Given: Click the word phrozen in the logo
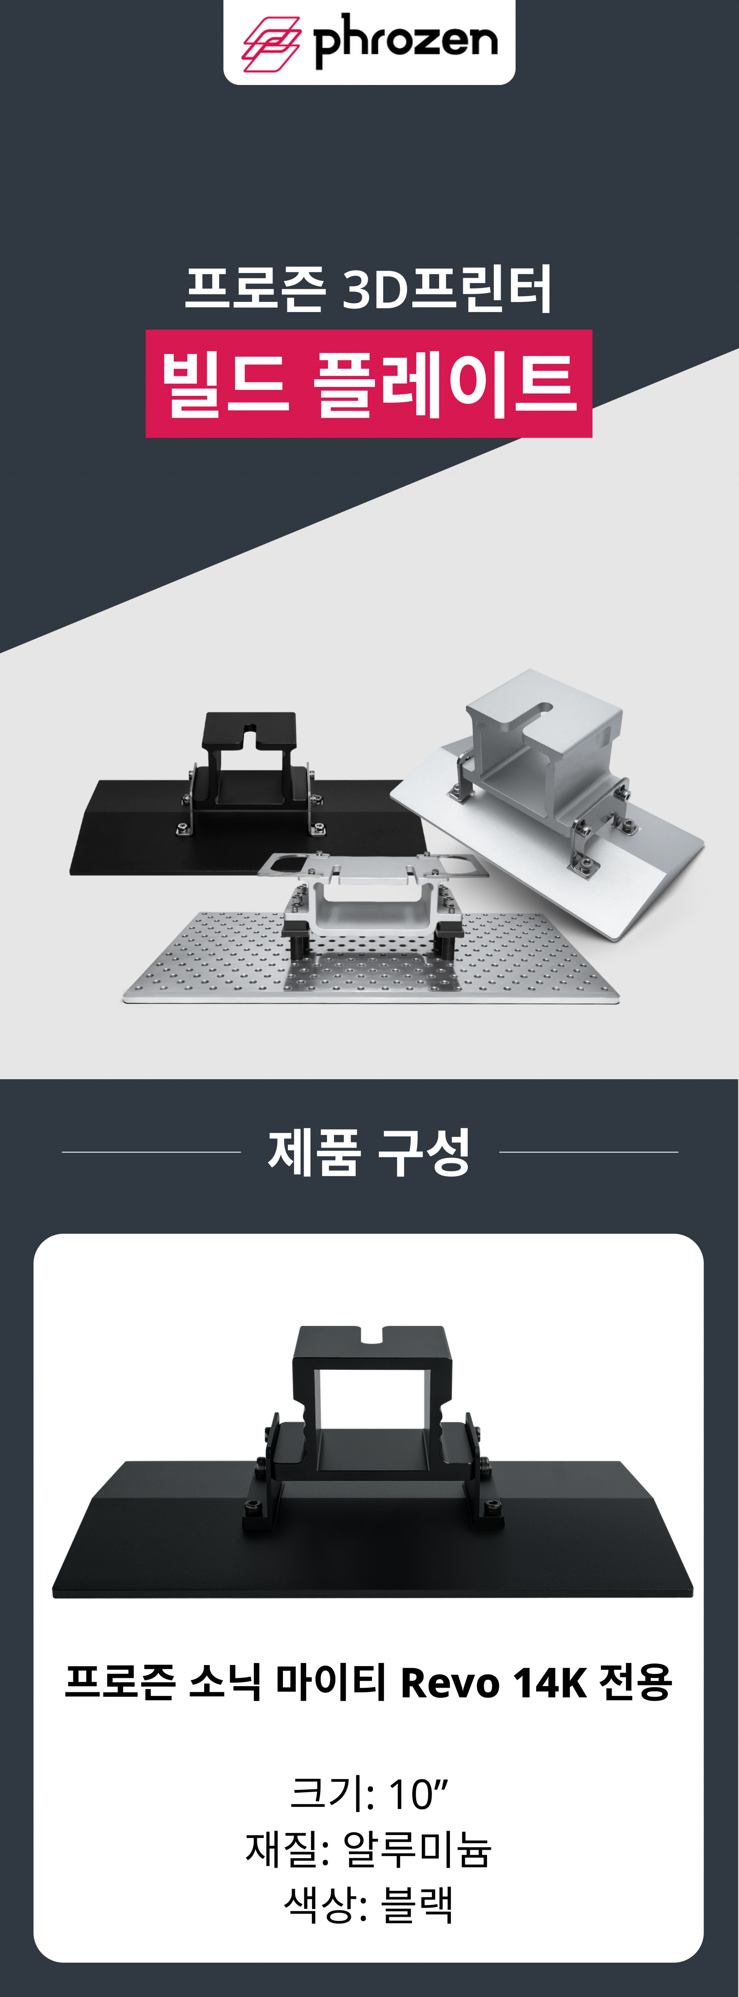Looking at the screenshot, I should point(405,40).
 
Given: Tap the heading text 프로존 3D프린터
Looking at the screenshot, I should point(368,288).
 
